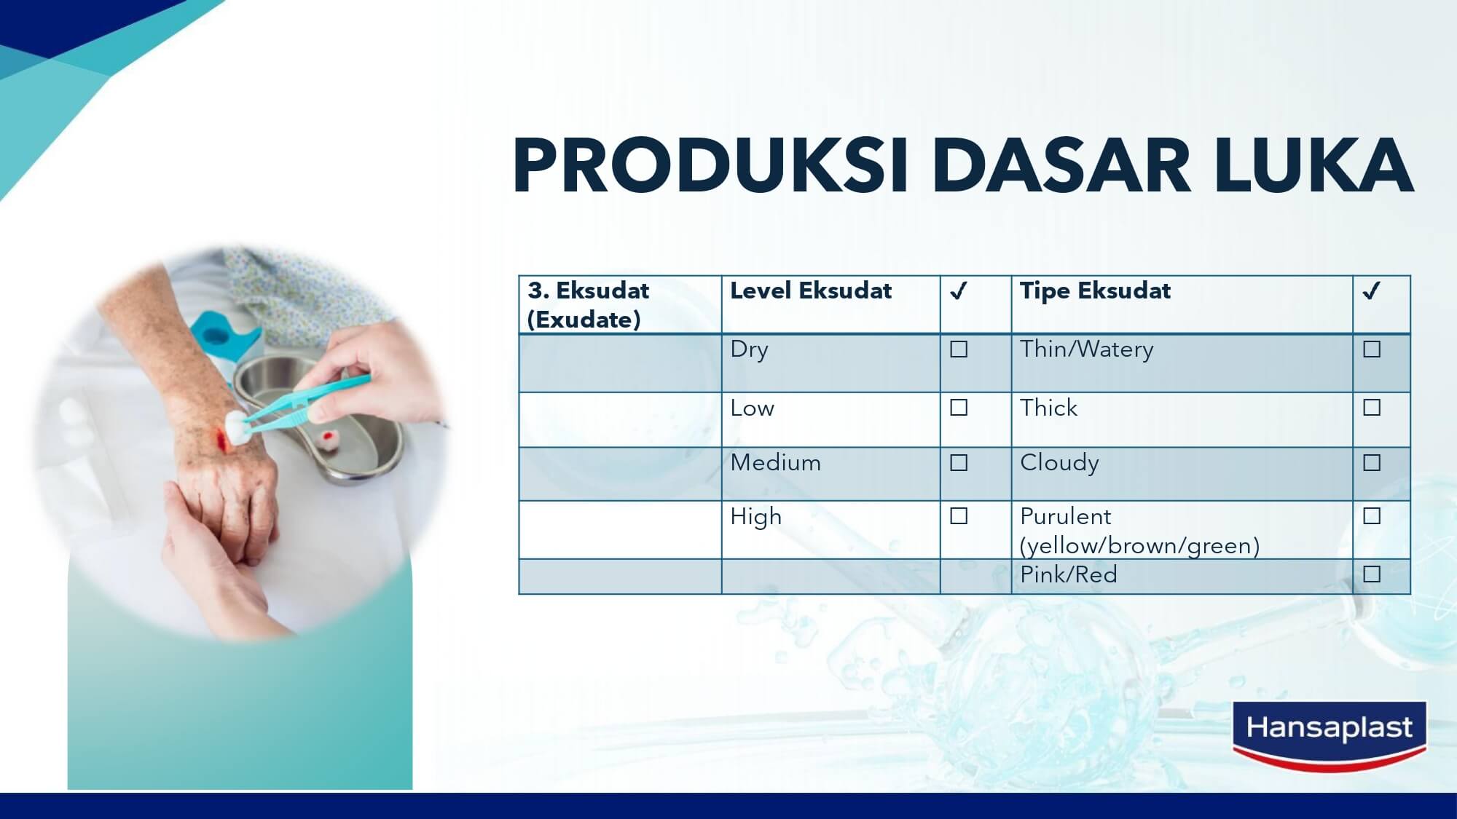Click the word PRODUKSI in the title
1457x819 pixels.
711,165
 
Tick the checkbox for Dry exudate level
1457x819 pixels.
959,349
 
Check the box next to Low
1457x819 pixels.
959,408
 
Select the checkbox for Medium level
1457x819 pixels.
959,463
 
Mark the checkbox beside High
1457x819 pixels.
959,516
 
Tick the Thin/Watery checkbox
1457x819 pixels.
1372,349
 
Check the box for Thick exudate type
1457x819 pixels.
1372,408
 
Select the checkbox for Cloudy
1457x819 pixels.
1372,463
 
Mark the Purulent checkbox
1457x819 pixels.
1372,516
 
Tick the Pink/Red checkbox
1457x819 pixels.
1372,574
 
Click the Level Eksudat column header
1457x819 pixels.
811,291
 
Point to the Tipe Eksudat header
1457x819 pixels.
1095,291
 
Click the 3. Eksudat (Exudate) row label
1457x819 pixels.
587,305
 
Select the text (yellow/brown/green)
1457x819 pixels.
1139,546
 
